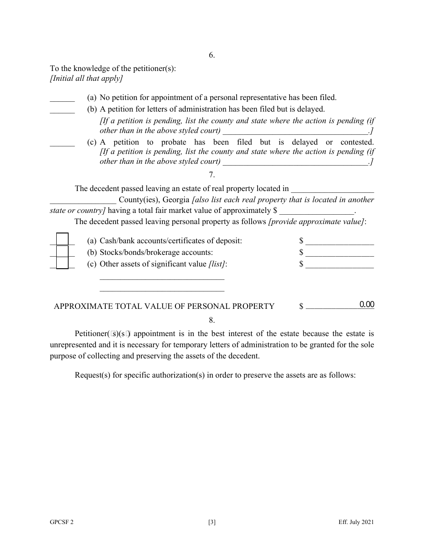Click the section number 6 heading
pos(212,55)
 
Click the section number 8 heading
pos(212,320)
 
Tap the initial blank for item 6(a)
pos(62,98)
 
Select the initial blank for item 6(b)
pos(62,109)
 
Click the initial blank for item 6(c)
pos(62,142)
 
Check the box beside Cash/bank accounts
pos(62,240)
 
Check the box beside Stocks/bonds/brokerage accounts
pos(62,252)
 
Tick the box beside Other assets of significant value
pos(62,263)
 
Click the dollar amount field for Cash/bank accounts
pos(340,241)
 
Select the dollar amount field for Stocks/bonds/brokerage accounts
pos(340,253)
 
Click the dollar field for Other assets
pos(340,264)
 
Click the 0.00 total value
pos(366,305)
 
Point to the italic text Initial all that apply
pos(87,79)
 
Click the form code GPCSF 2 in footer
pos(62,522)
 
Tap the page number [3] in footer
pos(212,522)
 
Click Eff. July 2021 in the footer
pos(356,522)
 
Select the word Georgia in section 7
pos(176,200)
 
